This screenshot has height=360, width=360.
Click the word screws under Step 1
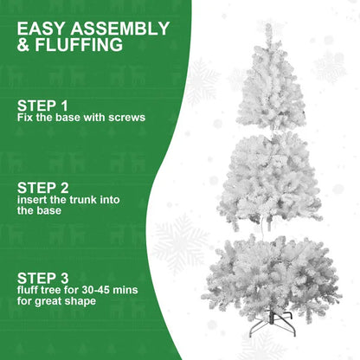(125, 117)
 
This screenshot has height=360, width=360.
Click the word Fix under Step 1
(24, 117)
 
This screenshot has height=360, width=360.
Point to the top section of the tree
(273, 91)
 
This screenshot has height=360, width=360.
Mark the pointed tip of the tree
(269, 26)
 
